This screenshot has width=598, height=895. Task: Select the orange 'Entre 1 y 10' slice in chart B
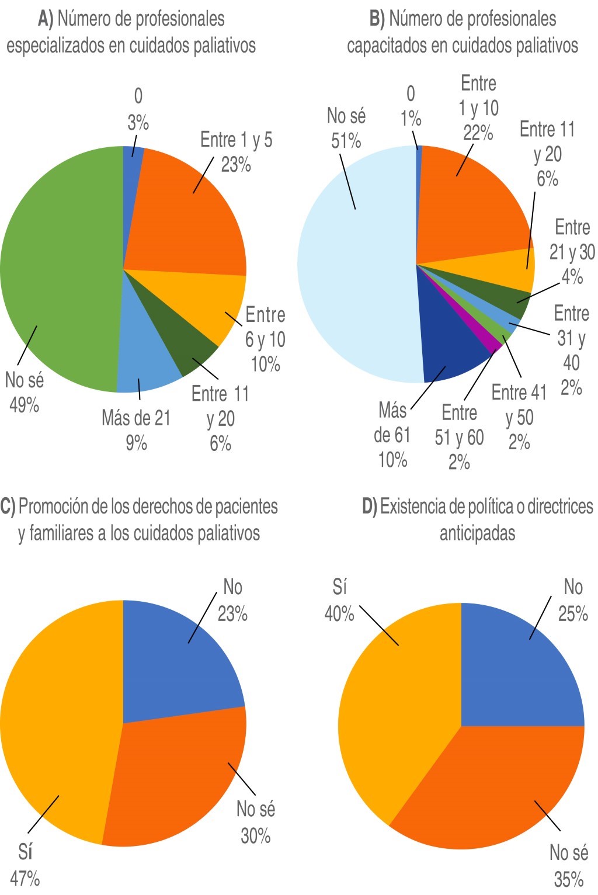click(x=467, y=204)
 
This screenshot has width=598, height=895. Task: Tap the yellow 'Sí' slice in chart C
click(x=58, y=724)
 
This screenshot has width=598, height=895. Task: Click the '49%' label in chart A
click(x=24, y=405)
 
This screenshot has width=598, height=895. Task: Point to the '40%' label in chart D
click(x=339, y=613)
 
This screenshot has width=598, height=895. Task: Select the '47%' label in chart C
click(x=25, y=878)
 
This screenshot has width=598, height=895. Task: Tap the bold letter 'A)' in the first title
click(x=46, y=19)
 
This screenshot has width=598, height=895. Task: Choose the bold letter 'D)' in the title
click(x=370, y=507)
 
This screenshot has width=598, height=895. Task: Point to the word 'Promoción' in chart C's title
click(x=53, y=507)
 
